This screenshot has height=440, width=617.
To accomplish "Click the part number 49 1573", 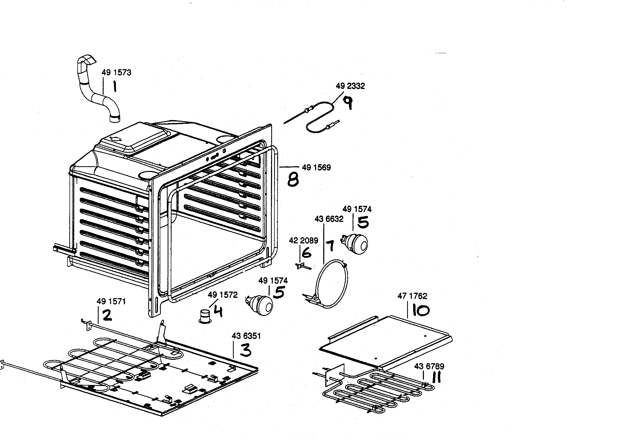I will tap(116, 73).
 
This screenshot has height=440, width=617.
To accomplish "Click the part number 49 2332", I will tap(350, 86).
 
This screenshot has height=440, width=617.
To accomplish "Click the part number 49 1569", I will tap(316, 168).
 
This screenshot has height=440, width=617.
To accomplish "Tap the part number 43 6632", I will tap(329, 219).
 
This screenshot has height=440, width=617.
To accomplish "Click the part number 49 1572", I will tap(222, 295).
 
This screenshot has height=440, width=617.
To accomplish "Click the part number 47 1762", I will tap(412, 296).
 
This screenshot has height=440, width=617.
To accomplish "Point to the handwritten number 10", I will tap(421, 310).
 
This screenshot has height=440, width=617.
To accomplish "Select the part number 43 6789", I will tap(429, 367).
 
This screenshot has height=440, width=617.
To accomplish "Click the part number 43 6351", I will tap(246, 336).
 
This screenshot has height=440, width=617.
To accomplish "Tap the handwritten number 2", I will tap(107, 315).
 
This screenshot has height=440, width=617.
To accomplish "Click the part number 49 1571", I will tap(111, 302).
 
